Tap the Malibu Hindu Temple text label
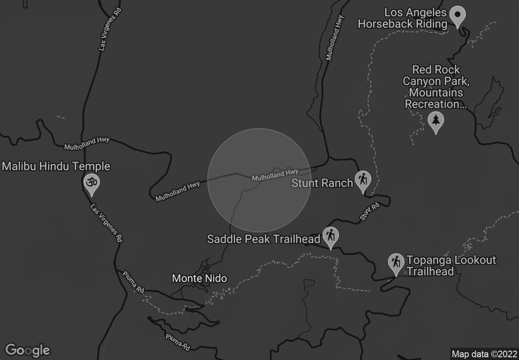[56, 167]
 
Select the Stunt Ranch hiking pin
[363, 182]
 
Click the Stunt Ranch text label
[322, 182]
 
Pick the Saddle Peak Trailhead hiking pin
[331, 237]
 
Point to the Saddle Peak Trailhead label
[263, 239]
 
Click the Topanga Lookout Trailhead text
[451, 266]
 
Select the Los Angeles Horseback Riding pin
[458, 16]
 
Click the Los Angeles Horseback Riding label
[403, 18]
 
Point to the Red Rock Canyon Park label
[435, 86]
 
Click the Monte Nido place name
[199, 278]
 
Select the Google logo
[27, 350]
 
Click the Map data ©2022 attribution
[483, 354]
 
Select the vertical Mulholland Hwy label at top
[333, 38]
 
